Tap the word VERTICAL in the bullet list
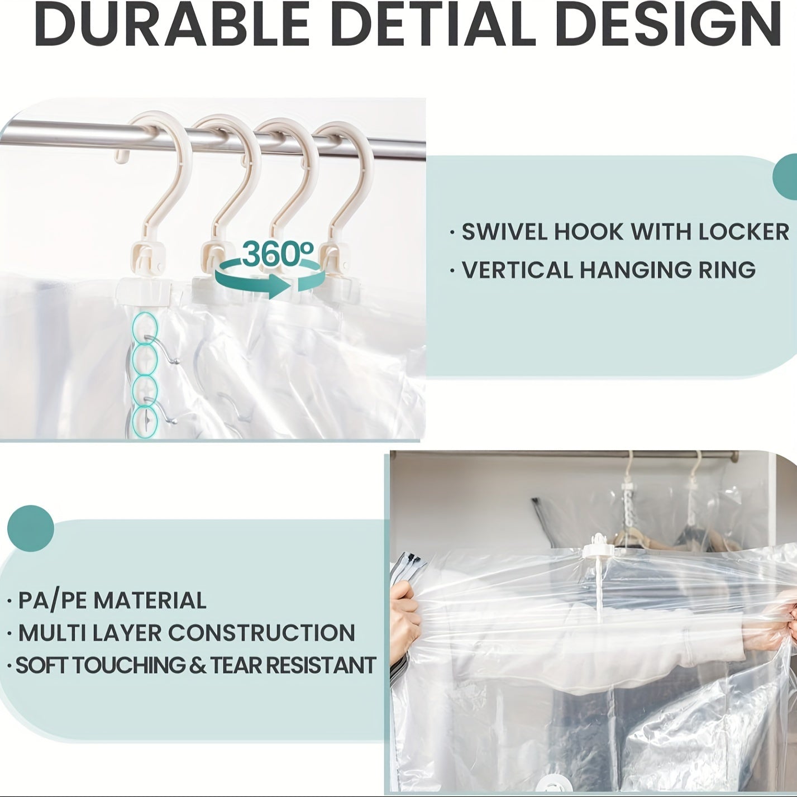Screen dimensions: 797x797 coord(516,270)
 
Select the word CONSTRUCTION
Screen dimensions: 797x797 coord(261,633)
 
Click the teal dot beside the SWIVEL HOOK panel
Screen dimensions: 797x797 coord(786,175)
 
